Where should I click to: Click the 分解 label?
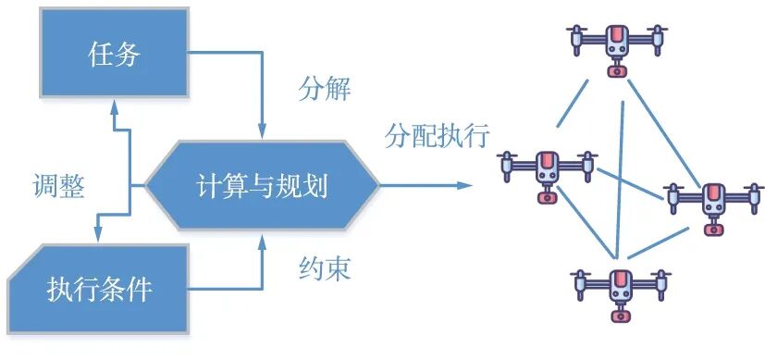click(325, 90)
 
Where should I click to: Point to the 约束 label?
click(325, 268)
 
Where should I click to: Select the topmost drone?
click(617, 41)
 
